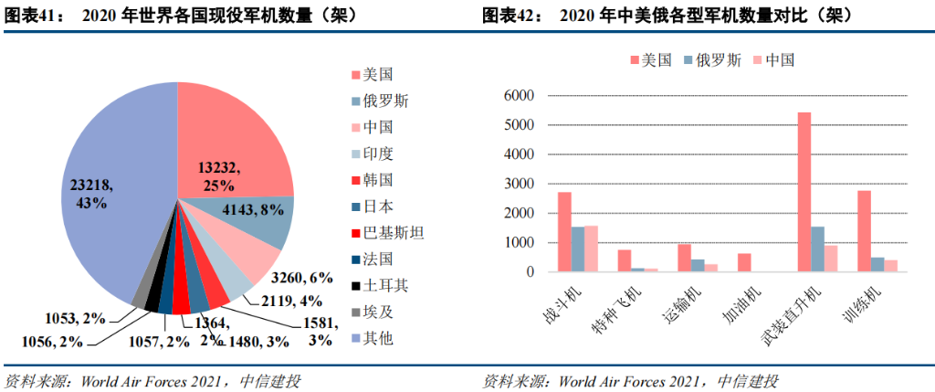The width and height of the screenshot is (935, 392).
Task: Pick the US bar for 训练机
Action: pyautogui.click(x=864, y=231)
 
